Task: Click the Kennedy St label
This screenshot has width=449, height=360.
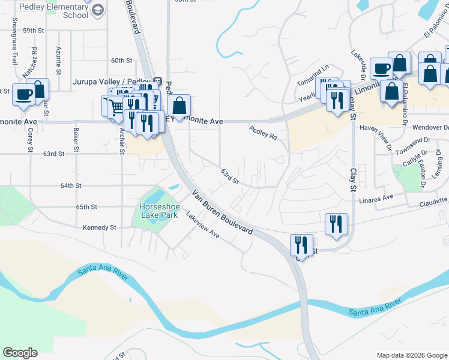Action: pyautogui.click(x=100, y=227)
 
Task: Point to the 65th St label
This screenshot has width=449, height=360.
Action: pyautogui.click(x=86, y=207)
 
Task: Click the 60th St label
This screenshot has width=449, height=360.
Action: pyautogui.click(x=121, y=61)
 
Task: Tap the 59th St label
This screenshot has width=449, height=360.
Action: pyautogui.click(x=34, y=29)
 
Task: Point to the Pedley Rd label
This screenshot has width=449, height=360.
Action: pyautogui.click(x=263, y=132)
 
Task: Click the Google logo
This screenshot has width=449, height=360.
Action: pyautogui.click(x=20, y=353)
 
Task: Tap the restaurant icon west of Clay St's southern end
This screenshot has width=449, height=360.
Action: pyautogui.click(x=301, y=245)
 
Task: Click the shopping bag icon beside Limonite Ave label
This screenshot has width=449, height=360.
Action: pyautogui.click(x=179, y=106)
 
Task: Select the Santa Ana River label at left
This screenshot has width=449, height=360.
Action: pyautogui.click(x=103, y=274)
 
